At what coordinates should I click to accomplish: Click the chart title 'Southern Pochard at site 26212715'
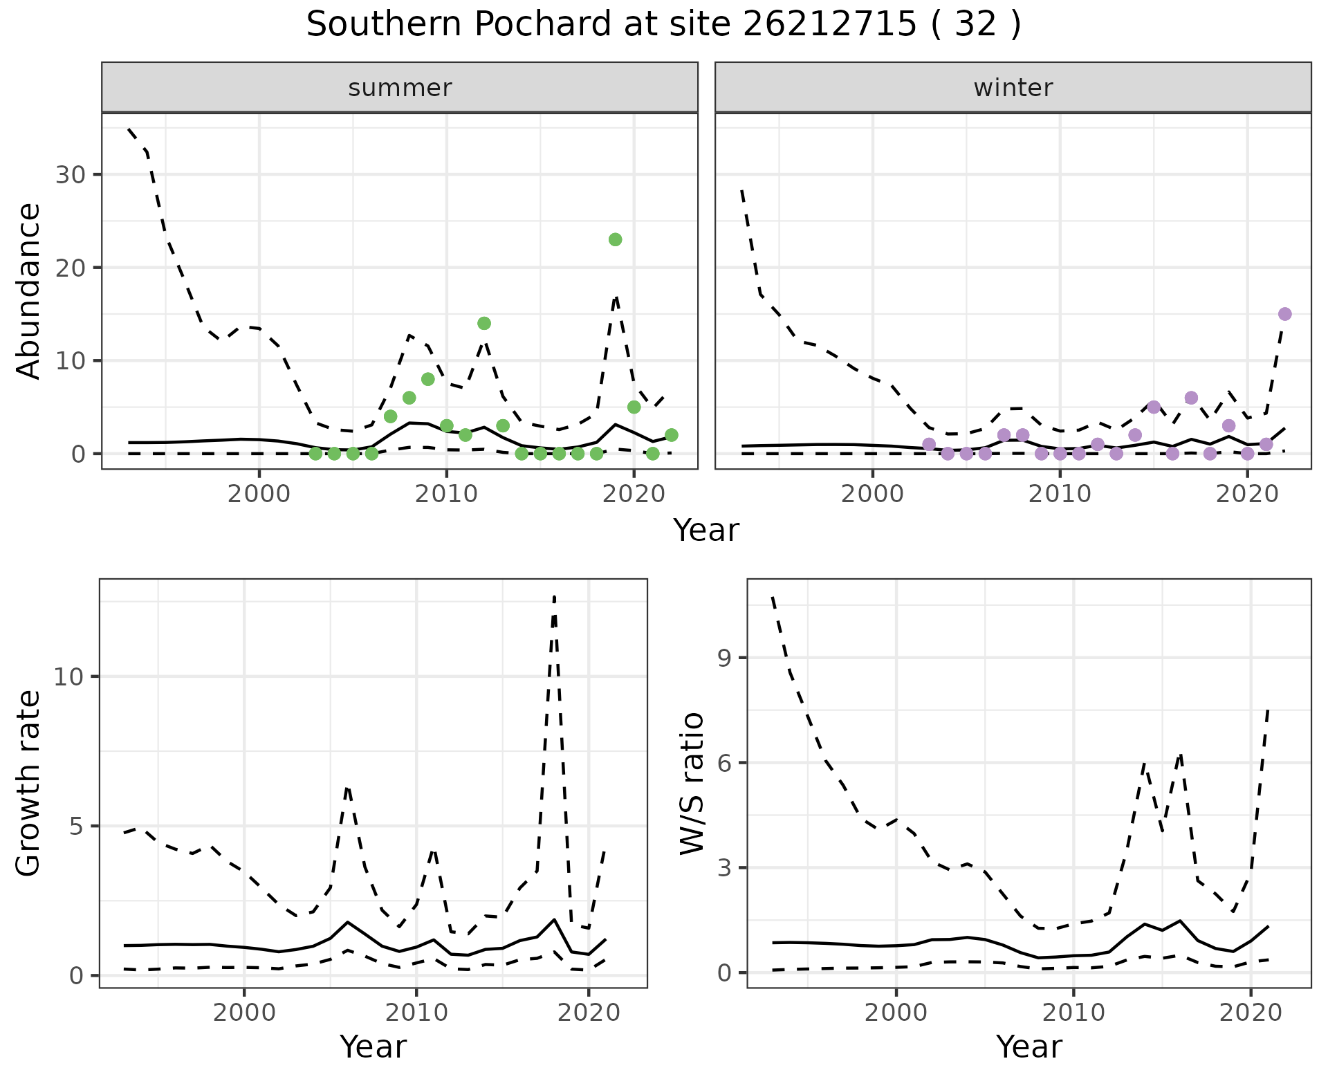[663, 25]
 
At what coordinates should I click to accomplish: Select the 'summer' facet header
[399, 88]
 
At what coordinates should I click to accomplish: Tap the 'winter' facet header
[1013, 88]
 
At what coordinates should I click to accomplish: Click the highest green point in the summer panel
[615, 239]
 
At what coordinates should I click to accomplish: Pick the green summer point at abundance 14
[484, 323]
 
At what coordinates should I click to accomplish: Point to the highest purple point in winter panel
[1284, 314]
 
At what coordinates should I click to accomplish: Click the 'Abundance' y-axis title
[29, 291]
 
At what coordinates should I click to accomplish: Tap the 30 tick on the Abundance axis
[70, 174]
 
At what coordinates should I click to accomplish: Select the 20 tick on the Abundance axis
[70, 268]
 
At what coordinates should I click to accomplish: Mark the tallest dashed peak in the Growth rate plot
[554, 596]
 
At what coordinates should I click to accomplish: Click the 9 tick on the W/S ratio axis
[725, 658]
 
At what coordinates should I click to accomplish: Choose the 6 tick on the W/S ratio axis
[725, 763]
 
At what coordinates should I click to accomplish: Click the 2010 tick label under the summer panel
[446, 495]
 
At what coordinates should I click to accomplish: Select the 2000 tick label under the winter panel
[872, 495]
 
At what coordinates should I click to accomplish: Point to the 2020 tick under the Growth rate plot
[588, 1013]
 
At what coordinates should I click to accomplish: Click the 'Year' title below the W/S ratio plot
[1029, 1047]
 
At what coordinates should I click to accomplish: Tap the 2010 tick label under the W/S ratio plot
[1073, 1013]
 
